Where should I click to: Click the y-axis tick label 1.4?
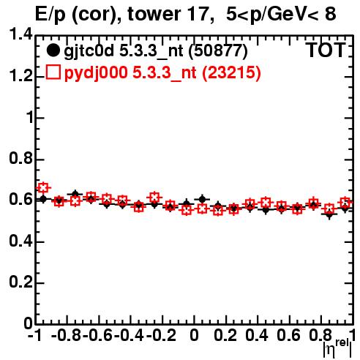point(20,34)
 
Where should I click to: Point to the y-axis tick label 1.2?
point(20,76)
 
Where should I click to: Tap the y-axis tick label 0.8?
point(20,158)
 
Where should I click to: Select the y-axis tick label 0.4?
point(20,241)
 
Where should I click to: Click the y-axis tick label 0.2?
point(20,282)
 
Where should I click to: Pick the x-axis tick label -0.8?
point(67,336)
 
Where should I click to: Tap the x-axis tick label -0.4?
point(130,336)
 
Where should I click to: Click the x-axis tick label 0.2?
point(225,336)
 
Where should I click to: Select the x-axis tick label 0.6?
point(288,336)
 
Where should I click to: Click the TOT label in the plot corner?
point(326,50)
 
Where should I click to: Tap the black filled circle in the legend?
point(53,50)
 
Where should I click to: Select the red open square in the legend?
point(53,72)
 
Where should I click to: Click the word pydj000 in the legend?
point(96,73)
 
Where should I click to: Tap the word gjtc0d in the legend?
point(89,52)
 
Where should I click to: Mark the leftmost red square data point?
point(43,188)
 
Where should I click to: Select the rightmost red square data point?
point(345,202)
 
